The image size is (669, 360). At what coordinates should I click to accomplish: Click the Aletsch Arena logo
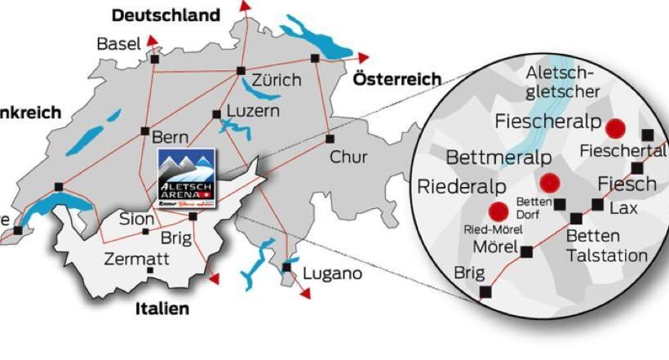coord(185,176)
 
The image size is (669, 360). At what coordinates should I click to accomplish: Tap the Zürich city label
coord(277,82)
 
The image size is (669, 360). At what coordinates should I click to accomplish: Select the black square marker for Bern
coord(144,131)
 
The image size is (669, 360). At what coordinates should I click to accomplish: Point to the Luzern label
coord(253,110)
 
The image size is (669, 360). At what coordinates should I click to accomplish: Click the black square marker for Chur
coord(330,139)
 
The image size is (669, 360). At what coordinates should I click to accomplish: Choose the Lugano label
coord(332,273)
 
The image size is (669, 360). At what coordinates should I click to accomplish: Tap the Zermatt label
coord(136,260)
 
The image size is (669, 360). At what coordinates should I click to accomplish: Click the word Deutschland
coord(166,15)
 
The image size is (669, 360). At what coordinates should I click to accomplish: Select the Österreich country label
coord(397,79)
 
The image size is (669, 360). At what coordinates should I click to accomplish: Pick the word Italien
coord(162,309)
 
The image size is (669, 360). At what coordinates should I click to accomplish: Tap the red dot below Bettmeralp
coord(549,183)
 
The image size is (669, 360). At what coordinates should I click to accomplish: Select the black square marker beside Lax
coord(597,204)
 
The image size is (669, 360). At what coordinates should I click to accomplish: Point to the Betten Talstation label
coord(606,246)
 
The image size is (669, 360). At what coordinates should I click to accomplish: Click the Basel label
coord(118,43)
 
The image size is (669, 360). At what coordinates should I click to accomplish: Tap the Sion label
coord(135,219)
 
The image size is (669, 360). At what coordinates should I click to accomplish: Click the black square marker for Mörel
coord(527,251)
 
